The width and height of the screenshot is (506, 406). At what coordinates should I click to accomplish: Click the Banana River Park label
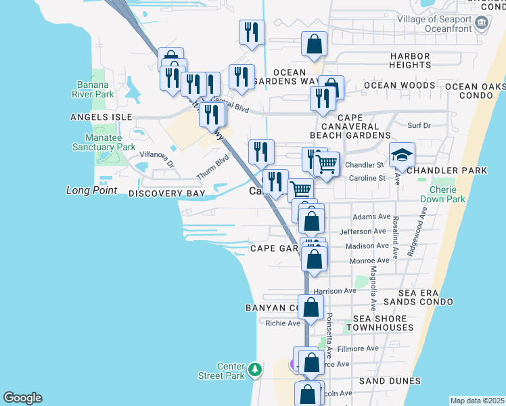pyautogui.click(x=95, y=89)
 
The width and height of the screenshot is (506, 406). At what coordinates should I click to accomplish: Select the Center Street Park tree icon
pyautogui.click(x=255, y=369)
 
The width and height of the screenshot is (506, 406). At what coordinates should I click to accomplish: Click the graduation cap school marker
pyautogui.click(x=402, y=154)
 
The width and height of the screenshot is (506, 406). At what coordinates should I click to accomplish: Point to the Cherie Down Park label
pyautogui.click(x=442, y=194)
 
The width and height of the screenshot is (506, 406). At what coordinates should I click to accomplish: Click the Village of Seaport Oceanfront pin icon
pyautogui.click(x=481, y=23)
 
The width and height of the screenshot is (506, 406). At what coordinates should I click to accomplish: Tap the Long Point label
pyautogui.click(x=91, y=191)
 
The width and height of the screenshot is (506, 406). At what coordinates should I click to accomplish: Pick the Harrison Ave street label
pyautogui.click(x=336, y=291)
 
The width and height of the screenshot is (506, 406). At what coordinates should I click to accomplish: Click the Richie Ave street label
pyautogui.click(x=282, y=323)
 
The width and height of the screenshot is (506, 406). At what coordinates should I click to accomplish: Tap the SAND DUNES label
pyautogui.click(x=390, y=381)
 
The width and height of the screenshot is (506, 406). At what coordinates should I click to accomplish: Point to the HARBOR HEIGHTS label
pyautogui.click(x=410, y=60)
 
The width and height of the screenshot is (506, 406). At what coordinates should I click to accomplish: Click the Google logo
pyautogui.click(x=22, y=398)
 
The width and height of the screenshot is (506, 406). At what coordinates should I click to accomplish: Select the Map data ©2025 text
pyautogui.click(x=476, y=401)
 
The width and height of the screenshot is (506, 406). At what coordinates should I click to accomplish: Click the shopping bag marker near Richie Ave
pyautogui.click(x=310, y=307)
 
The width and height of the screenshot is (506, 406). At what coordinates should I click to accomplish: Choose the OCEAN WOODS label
pyautogui.click(x=399, y=85)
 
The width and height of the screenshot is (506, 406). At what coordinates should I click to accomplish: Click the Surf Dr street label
pyautogui.click(x=419, y=125)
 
